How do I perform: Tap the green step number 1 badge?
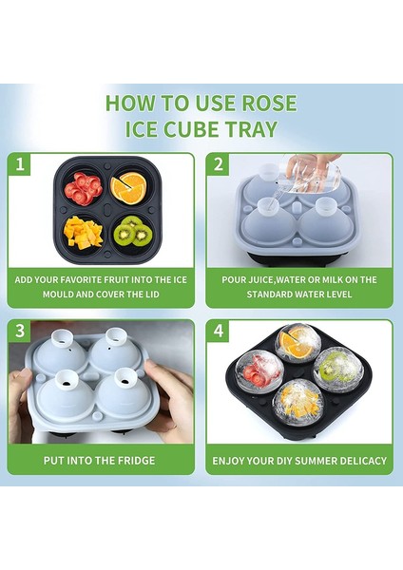[19, 164]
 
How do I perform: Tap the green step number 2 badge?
[219, 164]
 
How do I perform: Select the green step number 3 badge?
[19, 332]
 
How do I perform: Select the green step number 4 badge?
[219, 332]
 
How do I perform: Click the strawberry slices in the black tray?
[82, 188]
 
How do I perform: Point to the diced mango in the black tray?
[82, 231]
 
